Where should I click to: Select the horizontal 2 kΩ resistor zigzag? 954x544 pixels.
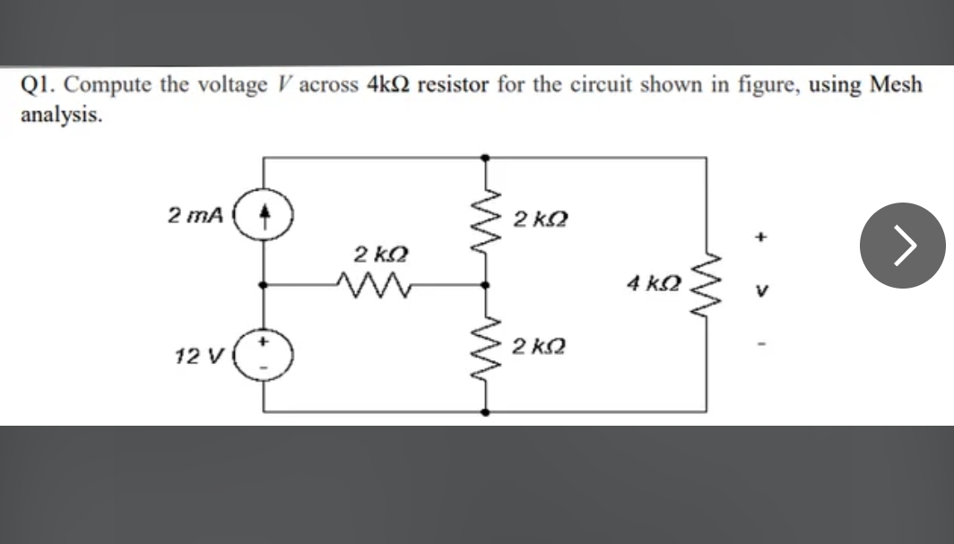371,284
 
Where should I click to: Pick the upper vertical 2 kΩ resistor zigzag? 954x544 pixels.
485,220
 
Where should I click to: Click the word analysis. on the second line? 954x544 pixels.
60,115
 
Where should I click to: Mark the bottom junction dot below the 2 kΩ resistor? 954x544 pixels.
485,413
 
